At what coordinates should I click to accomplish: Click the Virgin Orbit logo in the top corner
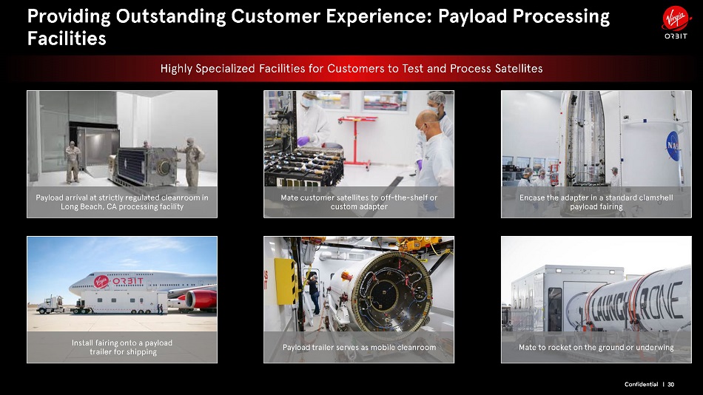coord(676,23)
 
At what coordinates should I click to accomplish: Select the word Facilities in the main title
coord(67,38)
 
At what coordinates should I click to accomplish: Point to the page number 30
coord(670,384)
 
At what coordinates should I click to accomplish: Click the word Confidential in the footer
coord(641,384)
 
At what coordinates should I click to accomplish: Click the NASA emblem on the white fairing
coord(673,146)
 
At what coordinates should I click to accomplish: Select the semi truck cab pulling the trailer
coord(50,305)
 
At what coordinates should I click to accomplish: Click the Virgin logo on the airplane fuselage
coord(101,282)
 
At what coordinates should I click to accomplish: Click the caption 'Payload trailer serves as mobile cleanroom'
coord(359,348)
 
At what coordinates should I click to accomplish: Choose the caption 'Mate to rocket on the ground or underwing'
coord(596,348)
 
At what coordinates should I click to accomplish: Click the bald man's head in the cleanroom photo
coord(425,121)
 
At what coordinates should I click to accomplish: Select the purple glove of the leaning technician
coord(303,141)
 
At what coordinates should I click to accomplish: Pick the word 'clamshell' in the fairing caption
coord(656,197)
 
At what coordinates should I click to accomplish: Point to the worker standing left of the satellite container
coord(73,162)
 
